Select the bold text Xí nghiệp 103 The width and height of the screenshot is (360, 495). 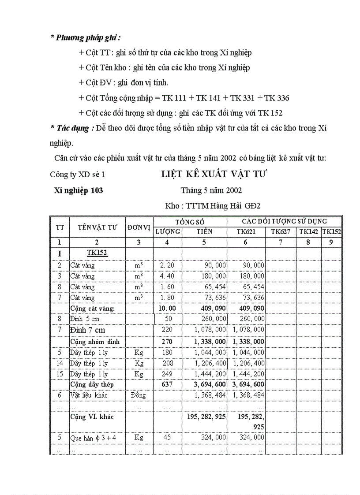click(79, 190)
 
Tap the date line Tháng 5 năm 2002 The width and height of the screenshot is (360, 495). click(211, 190)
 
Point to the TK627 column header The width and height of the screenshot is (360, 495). click(281, 231)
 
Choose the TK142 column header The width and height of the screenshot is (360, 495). click(308, 231)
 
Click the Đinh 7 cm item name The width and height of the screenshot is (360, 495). click(87, 330)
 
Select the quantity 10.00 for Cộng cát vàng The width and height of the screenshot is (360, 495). click(167, 309)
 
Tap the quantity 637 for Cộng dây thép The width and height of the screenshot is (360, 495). click(167, 384)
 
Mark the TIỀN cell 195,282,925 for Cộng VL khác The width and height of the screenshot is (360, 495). click(204, 417)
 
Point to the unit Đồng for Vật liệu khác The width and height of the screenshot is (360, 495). click(139, 395)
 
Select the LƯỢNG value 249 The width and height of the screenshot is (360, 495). click(167, 374)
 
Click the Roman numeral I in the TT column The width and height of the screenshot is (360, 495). click(60, 253)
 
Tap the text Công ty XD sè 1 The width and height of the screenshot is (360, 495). click(78, 175)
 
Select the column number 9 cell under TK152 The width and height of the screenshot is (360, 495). click(331, 242)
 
